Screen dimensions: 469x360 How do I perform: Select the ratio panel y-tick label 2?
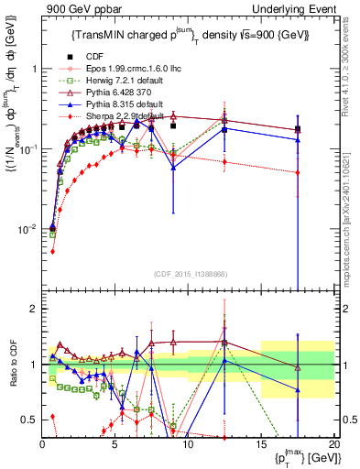tap(32, 309)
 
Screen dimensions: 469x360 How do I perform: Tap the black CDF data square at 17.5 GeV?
tap(298, 129)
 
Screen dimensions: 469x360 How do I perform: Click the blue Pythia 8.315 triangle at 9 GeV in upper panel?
tap(173, 167)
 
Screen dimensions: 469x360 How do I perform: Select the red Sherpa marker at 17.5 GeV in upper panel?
tap(298, 172)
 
